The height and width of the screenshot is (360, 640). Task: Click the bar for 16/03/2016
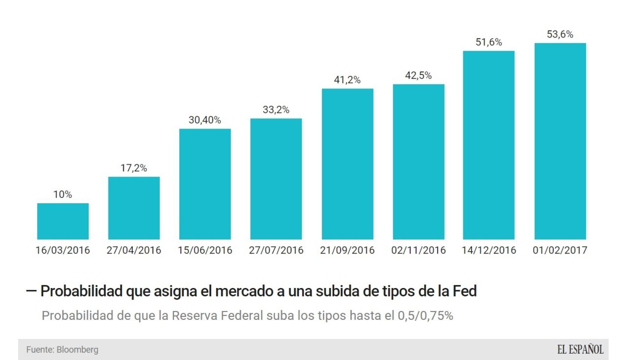coord(63,221)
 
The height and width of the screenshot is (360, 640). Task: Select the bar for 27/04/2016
coord(134,208)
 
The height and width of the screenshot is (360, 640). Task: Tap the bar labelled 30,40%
coord(205,184)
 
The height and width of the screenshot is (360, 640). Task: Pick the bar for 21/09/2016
coord(347,164)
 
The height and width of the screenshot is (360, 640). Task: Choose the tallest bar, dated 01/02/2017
coord(560,141)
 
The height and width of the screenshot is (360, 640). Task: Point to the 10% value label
coord(63,194)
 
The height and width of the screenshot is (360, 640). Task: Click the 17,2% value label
coord(134,168)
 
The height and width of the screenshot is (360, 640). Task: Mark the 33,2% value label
coord(276,110)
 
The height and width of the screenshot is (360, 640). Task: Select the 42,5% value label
coord(418,75)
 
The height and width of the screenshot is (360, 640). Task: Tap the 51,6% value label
coord(489,42)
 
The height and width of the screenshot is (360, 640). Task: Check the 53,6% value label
coord(560,34)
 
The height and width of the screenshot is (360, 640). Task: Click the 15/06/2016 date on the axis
coord(205,250)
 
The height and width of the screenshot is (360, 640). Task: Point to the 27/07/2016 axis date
coord(276,250)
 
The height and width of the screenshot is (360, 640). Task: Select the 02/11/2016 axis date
coord(418,250)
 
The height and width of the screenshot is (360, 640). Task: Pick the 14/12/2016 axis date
coord(489,250)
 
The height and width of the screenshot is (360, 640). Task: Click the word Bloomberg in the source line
coord(77,349)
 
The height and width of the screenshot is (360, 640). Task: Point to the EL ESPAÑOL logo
coord(580,349)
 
